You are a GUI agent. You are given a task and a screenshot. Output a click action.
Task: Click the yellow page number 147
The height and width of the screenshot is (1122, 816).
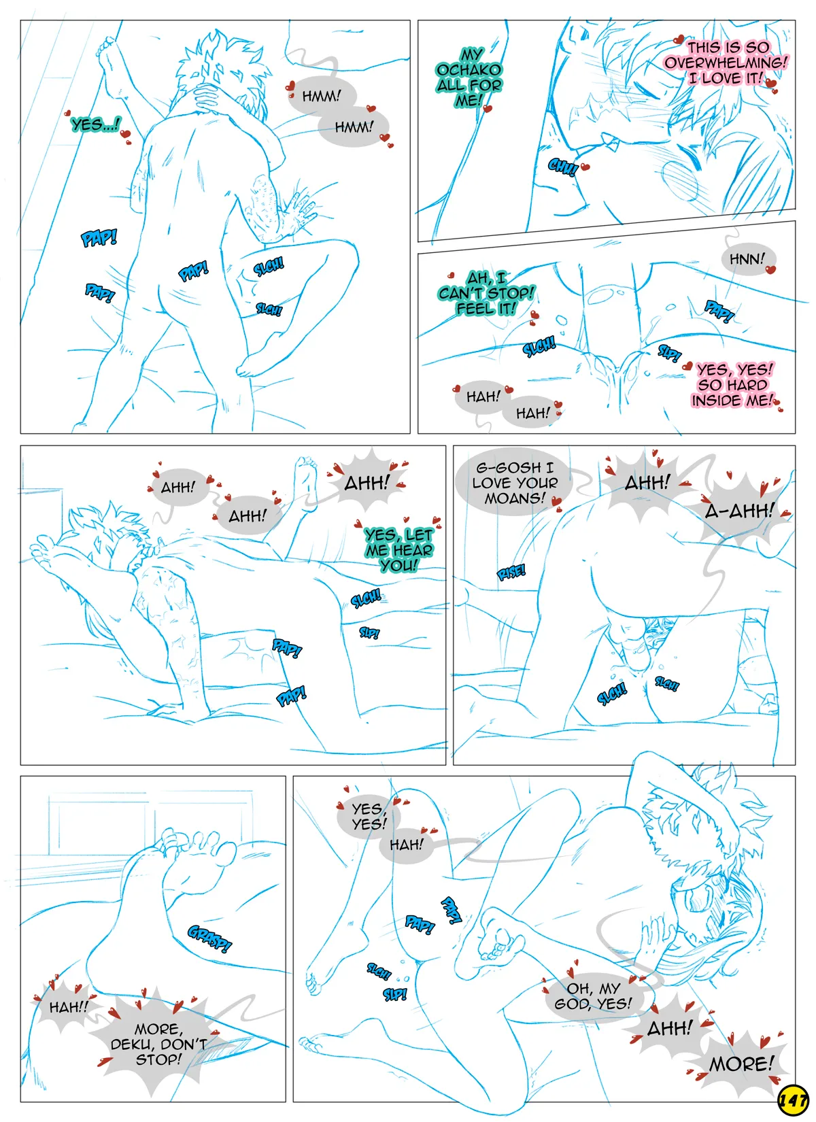[792, 1100]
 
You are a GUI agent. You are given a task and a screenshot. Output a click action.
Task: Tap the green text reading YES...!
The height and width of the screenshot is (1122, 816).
[96, 124]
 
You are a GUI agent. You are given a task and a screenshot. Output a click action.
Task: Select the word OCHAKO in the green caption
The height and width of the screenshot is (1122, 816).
[469, 69]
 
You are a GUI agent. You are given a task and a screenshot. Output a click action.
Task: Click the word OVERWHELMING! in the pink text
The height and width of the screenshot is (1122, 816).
[726, 63]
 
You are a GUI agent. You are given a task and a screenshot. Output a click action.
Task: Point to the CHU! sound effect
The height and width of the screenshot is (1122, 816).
[563, 167]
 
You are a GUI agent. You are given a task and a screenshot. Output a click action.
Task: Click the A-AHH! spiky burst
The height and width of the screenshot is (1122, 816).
[739, 511]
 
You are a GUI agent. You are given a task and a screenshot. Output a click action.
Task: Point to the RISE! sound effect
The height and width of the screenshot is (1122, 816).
[511, 571]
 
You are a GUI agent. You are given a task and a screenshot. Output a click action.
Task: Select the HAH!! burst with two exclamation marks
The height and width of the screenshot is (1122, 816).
[69, 1007]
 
